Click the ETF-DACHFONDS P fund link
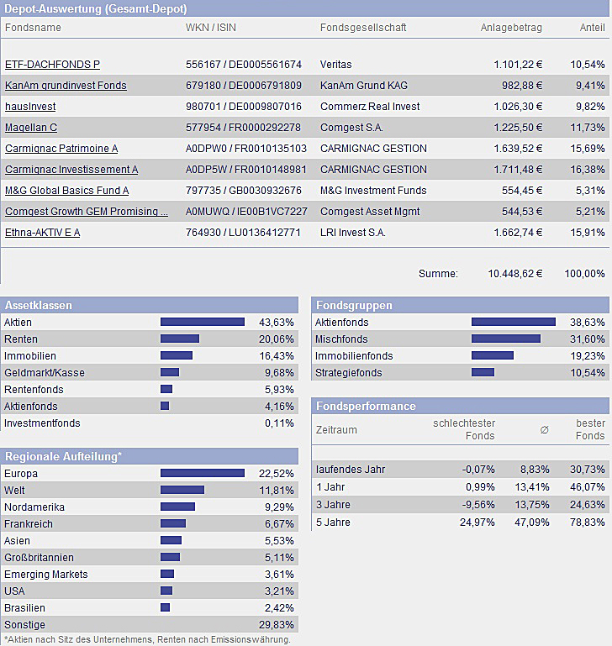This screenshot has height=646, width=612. (x=52, y=65)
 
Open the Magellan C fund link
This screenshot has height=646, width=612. (x=31, y=128)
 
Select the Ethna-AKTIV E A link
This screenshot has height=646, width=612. (x=42, y=233)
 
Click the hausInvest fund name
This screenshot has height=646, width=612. (x=30, y=107)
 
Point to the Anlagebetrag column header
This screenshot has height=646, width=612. (x=511, y=28)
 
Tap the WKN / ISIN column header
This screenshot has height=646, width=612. (x=211, y=28)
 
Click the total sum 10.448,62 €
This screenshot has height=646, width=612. (x=515, y=273)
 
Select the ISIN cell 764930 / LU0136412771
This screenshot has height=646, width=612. (x=243, y=233)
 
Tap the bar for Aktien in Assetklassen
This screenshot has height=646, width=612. (x=202, y=322)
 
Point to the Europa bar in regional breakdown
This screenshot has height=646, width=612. (x=202, y=473)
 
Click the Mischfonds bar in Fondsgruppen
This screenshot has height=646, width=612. (x=505, y=339)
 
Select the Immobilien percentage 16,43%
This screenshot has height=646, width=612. (x=277, y=356)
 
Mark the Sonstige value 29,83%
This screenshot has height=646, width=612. (x=277, y=625)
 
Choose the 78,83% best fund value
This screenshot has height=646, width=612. (x=588, y=523)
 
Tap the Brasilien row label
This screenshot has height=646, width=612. (x=25, y=608)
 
